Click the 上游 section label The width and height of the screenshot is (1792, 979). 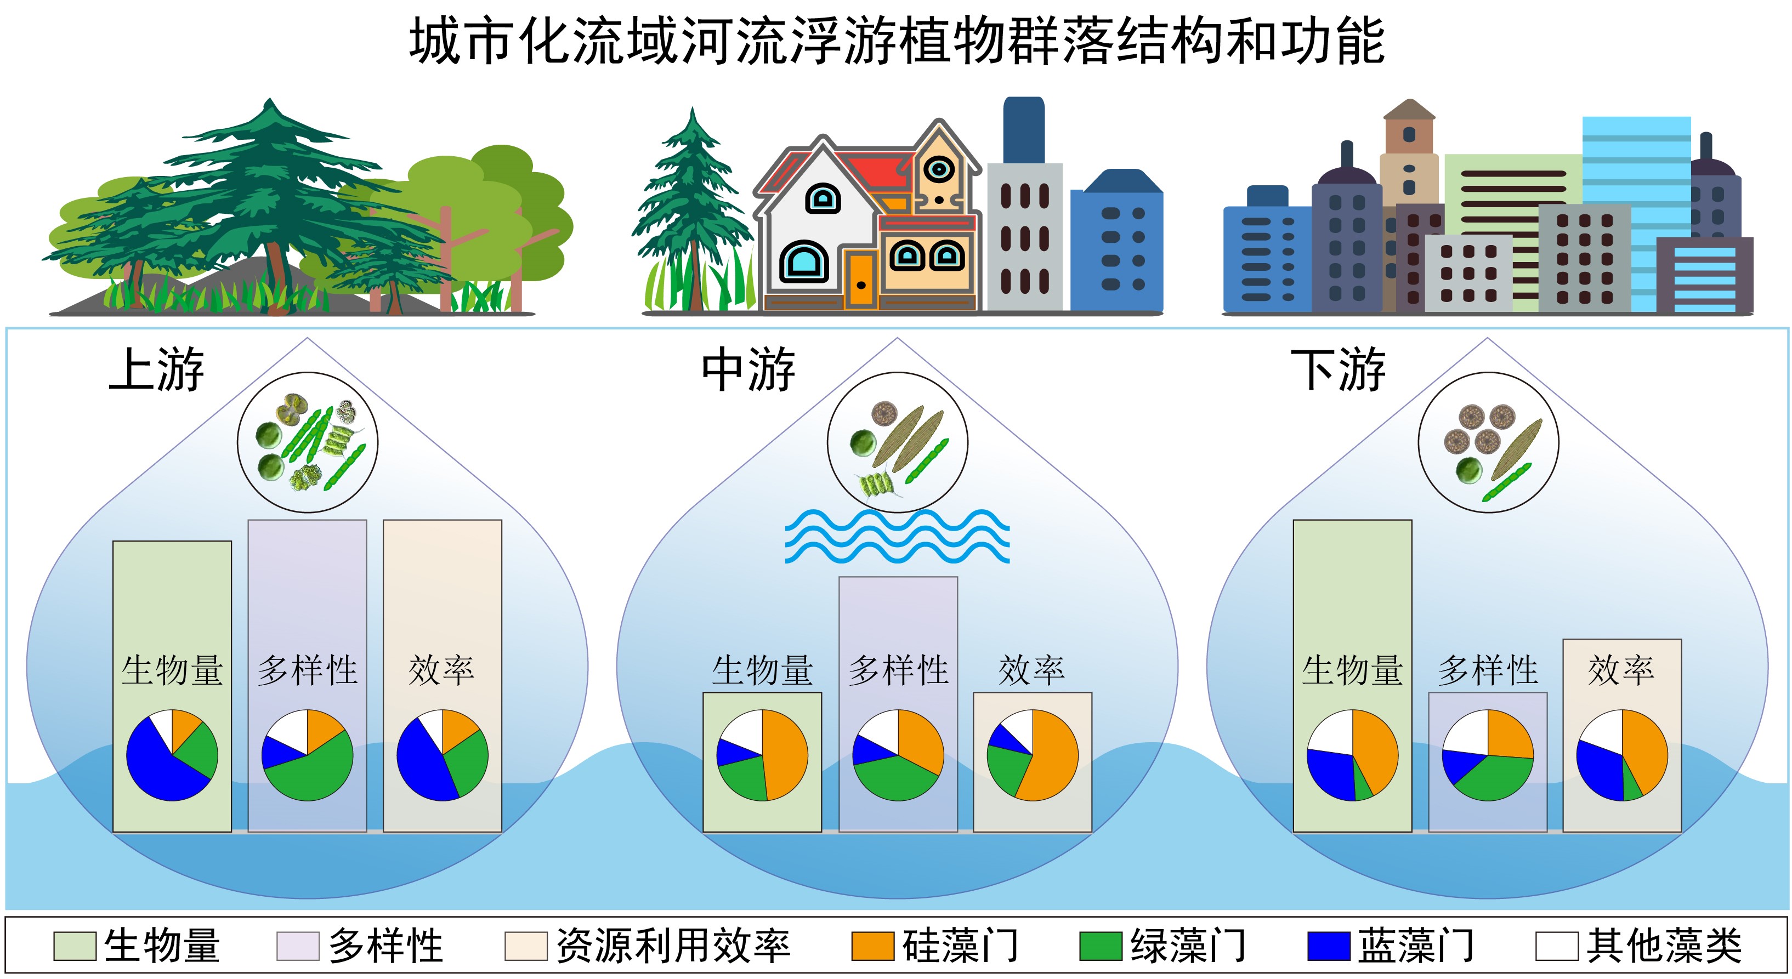156,369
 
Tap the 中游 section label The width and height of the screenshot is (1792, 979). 748,369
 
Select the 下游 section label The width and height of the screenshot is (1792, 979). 1339,369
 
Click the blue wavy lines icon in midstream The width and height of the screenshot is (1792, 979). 898,536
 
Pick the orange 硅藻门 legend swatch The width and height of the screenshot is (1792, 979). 872,946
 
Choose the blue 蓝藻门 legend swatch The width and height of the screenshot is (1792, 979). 1329,946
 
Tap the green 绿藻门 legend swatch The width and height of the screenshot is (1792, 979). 1101,946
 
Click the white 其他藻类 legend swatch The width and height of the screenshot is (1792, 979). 1557,946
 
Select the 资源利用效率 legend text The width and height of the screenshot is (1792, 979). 673,946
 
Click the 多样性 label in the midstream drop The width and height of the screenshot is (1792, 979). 898,670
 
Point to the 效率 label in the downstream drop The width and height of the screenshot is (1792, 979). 1621,670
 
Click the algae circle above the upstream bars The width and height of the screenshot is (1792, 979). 308,442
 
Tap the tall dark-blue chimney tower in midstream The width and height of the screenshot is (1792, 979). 1023,130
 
